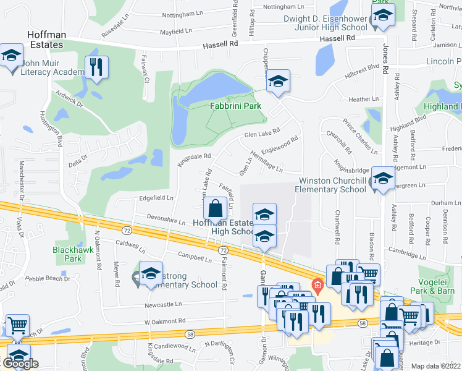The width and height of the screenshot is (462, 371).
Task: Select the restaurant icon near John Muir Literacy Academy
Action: (96, 68)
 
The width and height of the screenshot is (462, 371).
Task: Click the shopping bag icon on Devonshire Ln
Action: (215, 210)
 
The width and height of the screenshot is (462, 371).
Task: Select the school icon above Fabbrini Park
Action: (278, 82)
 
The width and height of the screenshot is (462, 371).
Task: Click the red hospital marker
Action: (317, 286)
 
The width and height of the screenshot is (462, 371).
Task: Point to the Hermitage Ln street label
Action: (266, 160)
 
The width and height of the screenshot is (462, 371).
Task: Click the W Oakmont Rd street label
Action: (165, 321)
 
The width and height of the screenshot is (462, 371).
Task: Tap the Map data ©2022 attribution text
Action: (435, 366)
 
